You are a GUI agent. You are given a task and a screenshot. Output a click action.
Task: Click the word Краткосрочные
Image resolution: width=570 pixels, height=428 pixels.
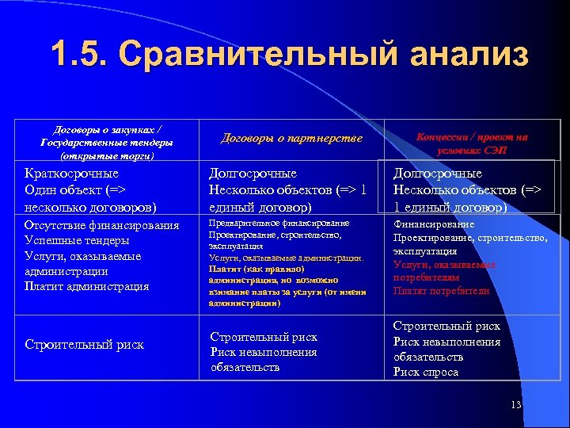pyautogui.click(x=72, y=174)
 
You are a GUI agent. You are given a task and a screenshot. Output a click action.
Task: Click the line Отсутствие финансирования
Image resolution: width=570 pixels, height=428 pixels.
pyautogui.click(x=102, y=226)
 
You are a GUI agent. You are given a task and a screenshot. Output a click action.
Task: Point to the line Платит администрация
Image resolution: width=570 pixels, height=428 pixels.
pyautogui.click(x=87, y=286)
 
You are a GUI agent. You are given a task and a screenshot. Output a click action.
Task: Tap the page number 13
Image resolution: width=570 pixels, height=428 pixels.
pyautogui.click(x=516, y=405)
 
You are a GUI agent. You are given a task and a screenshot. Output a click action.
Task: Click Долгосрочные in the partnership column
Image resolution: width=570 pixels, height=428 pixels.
pyautogui.click(x=253, y=174)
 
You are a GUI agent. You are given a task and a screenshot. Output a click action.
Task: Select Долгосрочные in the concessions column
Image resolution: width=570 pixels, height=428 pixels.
pyautogui.click(x=438, y=174)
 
